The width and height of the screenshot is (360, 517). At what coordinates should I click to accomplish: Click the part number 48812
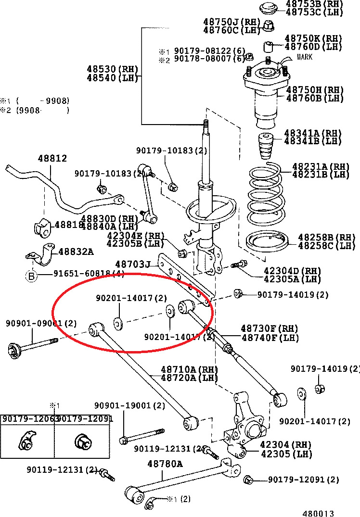click(52, 158)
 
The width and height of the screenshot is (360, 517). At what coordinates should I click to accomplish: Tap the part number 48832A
click(76, 252)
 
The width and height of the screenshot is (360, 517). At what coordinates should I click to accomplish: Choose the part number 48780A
click(165, 464)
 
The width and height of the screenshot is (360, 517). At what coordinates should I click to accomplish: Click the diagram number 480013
click(318, 513)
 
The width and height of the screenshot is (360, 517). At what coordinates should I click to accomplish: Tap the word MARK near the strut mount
click(304, 57)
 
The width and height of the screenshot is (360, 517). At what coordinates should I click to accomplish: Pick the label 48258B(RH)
click(326, 237)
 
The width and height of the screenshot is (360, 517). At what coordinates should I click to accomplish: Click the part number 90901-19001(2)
click(129, 406)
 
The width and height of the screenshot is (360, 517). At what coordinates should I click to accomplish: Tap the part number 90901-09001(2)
click(41, 324)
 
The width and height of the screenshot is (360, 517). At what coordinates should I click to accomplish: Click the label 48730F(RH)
click(270, 329)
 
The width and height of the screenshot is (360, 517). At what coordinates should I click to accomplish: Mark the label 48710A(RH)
click(189, 369)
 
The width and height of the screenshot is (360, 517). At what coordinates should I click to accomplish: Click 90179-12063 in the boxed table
click(27, 419)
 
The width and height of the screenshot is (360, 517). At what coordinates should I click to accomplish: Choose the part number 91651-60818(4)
click(89, 274)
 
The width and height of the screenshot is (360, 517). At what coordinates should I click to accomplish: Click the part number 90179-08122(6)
click(210, 51)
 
